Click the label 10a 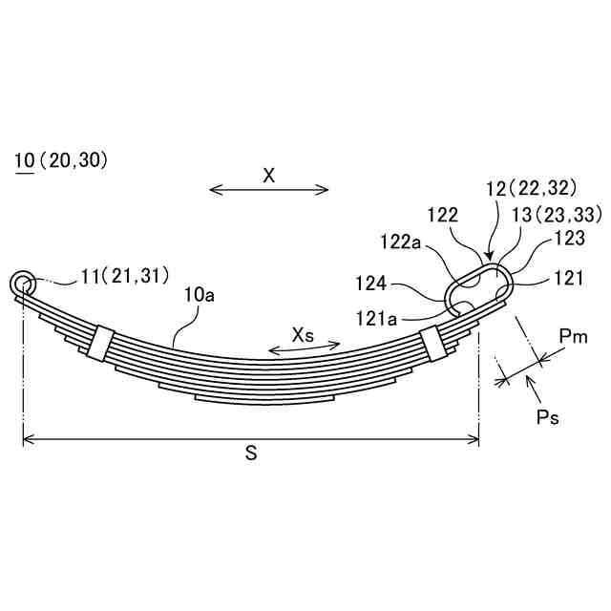click(200, 296)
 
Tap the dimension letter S click(251, 453)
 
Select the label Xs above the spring click(303, 335)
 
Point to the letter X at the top click(269, 176)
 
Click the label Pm click(573, 336)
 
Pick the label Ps click(547, 417)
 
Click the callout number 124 click(371, 284)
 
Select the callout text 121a click(376, 319)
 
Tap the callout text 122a click(401, 242)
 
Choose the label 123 click(569, 238)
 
